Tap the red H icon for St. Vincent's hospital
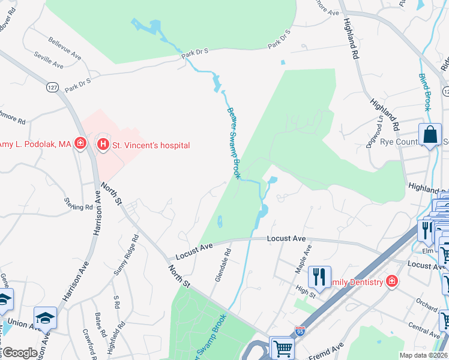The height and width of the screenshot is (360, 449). tap(103, 145)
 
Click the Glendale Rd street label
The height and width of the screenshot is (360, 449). tap(222, 263)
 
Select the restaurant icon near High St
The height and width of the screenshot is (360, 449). tap(319, 277)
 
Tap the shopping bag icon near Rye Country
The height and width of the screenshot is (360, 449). tap(430, 134)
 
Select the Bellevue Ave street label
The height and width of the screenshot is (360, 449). tap(63, 47)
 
